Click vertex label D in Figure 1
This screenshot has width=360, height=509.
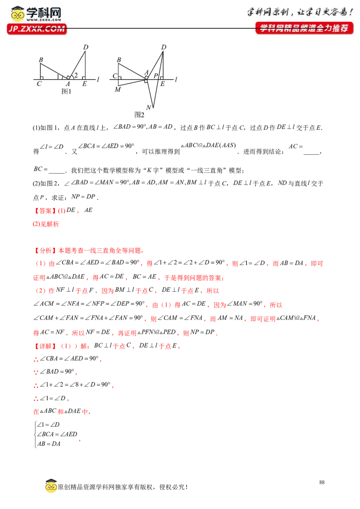coord(86,47)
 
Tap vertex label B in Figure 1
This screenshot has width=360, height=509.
coord(41,60)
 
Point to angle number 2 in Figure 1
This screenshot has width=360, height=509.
coord(76,75)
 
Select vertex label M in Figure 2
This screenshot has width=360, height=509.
coord(117,89)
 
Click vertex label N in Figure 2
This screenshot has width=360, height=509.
coord(148,107)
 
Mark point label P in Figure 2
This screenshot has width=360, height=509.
coord(156,76)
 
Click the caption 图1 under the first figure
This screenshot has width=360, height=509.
coord(66,92)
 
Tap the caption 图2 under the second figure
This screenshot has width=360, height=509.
coord(139,115)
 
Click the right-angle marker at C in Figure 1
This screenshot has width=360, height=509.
coord(41,78)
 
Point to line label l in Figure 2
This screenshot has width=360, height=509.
coord(176,79)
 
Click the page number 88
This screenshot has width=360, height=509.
coord(322,482)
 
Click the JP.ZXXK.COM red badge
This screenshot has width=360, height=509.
coord(37,29)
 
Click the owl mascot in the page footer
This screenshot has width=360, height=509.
coord(51,486)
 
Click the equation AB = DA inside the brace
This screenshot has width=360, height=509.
coord(49,444)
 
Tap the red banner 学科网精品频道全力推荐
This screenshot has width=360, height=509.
coord(305,28)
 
